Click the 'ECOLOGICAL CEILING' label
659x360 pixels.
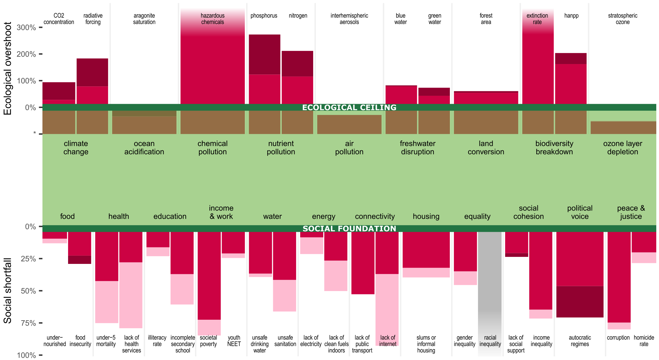point(349,107)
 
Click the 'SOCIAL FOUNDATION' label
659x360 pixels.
point(349,229)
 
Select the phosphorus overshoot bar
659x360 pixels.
point(264,70)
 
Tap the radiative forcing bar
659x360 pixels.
point(92,81)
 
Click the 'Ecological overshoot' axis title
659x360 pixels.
point(7,68)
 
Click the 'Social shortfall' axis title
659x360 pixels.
point(7,290)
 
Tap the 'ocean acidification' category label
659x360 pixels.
point(144,148)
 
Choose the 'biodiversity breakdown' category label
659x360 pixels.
point(554,148)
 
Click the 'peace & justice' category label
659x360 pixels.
point(631,212)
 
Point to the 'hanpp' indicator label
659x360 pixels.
point(571,16)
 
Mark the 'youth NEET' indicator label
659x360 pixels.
point(234,341)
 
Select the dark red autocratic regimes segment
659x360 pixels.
point(580,301)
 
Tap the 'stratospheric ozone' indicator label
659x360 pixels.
point(622,19)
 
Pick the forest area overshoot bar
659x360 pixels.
point(486,98)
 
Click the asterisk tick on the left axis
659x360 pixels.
point(35,133)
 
